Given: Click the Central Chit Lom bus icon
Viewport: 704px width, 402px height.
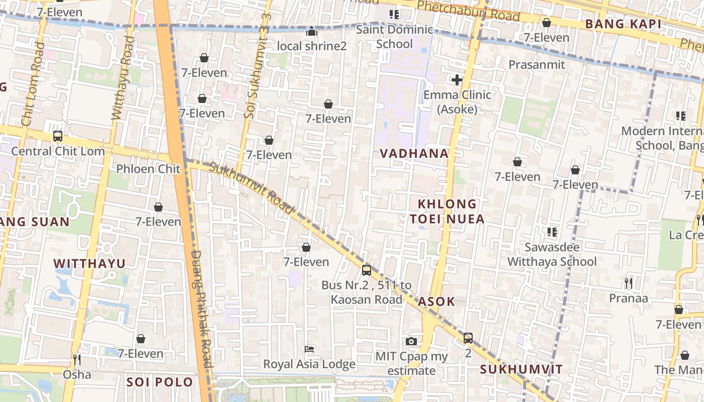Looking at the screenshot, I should point(58,136).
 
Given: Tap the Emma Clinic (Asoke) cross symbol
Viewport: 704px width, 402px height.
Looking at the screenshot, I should point(457,80).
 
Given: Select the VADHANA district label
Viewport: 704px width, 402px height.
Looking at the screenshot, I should point(414,153).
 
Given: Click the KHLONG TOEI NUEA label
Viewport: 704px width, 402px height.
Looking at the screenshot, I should point(447,211).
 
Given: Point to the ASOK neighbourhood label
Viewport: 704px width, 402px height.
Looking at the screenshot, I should point(436,301).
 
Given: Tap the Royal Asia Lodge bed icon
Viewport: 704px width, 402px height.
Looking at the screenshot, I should point(310,349).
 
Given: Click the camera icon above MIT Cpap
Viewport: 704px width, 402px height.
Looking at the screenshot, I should point(411,342).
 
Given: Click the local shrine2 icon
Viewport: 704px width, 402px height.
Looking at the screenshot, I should point(312,32).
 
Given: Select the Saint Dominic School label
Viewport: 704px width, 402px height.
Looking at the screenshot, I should point(394,37).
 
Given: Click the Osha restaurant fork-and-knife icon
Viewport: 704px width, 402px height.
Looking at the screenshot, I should point(77,360).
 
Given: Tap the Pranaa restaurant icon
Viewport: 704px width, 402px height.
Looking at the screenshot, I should point(629,283).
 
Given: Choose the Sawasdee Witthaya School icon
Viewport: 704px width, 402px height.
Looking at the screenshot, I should point(552,232).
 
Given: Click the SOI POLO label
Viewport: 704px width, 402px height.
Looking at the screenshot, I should point(159,382).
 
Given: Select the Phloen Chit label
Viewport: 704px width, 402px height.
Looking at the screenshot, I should point(148,169).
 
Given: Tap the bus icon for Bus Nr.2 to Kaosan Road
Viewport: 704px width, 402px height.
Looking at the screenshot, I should point(367,270).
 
